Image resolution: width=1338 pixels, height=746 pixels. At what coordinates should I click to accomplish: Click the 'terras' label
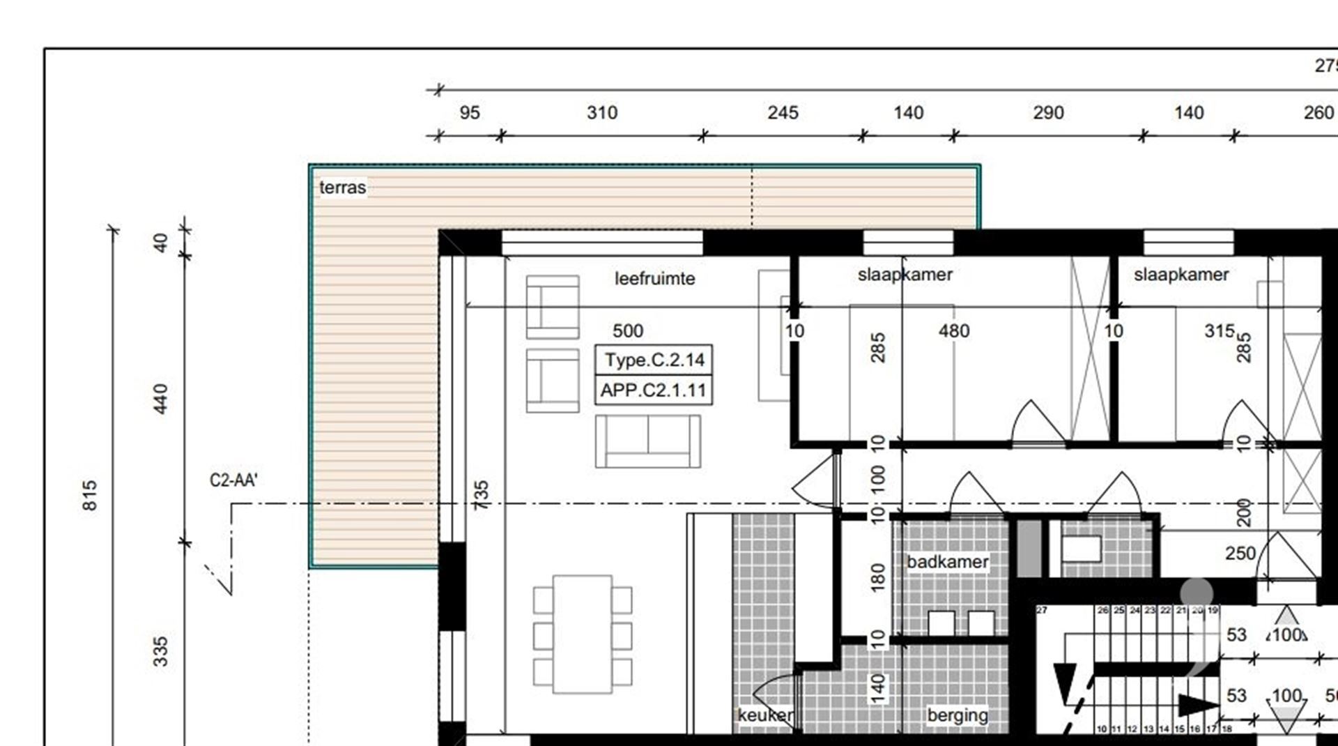click(x=342, y=188)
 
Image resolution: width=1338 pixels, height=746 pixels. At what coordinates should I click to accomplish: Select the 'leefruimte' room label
click(x=654, y=279)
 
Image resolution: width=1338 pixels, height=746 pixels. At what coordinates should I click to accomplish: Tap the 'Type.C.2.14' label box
click(x=654, y=360)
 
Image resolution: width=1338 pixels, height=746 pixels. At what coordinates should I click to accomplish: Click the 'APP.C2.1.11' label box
click(x=654, y=390)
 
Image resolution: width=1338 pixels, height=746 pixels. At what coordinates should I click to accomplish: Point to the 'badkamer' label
click(x=947, y=562)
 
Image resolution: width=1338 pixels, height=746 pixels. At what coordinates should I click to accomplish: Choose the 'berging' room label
click(x=958, y=715)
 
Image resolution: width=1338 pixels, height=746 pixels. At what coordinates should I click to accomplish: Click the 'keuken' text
click(x=764, y=715)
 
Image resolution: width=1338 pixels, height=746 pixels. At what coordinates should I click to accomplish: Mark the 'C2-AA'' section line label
click(x=233, y=480)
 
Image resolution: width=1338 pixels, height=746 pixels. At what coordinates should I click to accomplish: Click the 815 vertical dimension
click(x=90, y=495)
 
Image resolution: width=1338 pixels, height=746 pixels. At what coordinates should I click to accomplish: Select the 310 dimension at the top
click(x=601, y=113)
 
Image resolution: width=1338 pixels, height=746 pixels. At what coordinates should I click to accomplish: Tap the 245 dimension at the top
click(x=783, y=113)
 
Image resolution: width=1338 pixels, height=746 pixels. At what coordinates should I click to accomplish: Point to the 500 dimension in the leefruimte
click(x=627, y=331)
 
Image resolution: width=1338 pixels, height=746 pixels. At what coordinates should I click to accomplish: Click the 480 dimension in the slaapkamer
click(x=953, y=331)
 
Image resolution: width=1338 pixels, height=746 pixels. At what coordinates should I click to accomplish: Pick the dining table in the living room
click(x=583, y=634)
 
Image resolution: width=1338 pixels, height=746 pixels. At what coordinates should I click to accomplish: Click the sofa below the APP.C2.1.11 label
click(x=647, y=441)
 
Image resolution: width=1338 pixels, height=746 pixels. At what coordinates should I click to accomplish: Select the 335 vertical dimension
click(x=160, y=651)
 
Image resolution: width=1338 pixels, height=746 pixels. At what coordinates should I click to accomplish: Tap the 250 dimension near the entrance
click(x=1240, y=554)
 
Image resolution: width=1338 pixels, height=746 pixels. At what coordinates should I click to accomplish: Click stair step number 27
click(x=1042, y=610)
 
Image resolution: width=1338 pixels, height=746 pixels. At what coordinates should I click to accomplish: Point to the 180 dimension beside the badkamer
click(x=878, y=577)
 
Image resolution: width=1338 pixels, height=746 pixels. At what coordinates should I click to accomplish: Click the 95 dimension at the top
click(x=470, y=113)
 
